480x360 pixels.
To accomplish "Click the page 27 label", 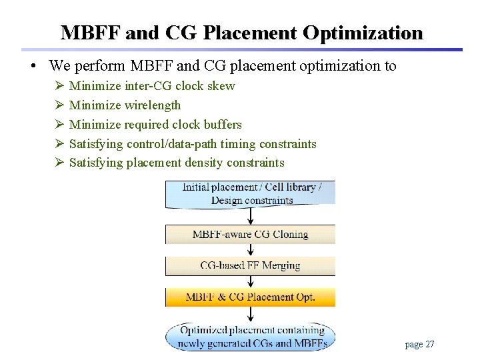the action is coord(419,345).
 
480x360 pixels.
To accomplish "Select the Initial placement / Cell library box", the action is coord(251,194).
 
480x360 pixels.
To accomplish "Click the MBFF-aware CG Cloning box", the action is coord(251,235).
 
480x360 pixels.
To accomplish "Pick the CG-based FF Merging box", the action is coord(251,265).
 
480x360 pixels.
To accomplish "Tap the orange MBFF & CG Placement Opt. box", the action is coord(251,297).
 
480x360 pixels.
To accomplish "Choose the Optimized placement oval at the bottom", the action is coord(251,337).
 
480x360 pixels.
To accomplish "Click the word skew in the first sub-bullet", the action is coord(221,86).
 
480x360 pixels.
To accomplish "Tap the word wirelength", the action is coord(153,105).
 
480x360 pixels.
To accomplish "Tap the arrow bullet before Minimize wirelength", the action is coord(59,105).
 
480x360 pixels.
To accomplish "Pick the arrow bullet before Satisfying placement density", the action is coord(59,163).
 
